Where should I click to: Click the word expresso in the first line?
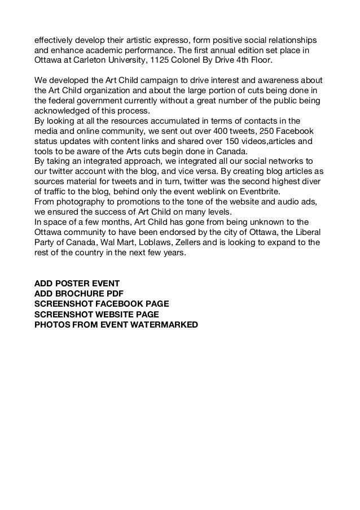click(173, 41)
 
